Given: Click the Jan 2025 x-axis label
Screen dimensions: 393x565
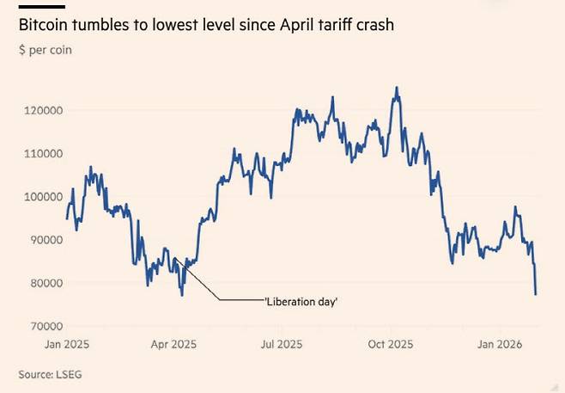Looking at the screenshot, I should click(x=66, y=344).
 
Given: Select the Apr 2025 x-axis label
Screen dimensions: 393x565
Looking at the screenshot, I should click(x=174, y=344).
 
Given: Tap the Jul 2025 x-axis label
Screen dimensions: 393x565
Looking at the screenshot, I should click(x=282, y=344).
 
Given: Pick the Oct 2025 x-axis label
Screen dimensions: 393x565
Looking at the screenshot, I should click(x=391, y=344).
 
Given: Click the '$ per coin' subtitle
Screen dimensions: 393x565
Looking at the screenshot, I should click(x=46, y=50).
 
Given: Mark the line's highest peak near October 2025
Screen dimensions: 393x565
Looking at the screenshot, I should click(x=396, y=87).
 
